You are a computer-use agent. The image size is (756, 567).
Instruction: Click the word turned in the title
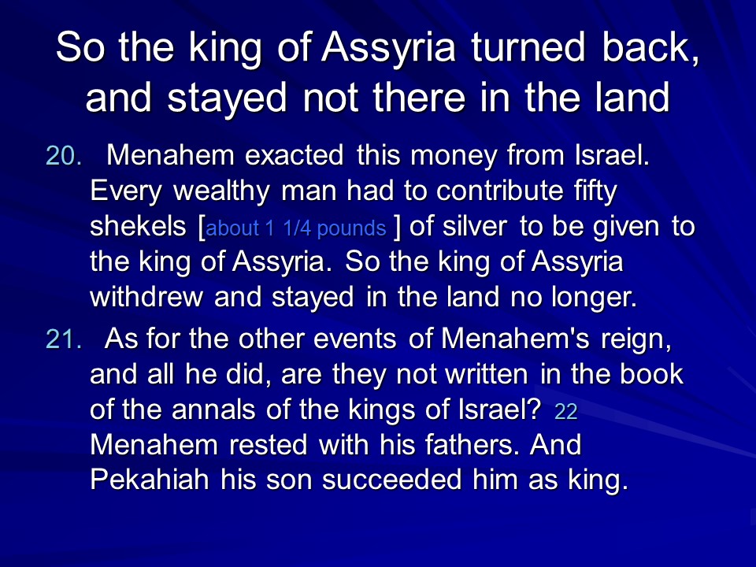(528, 46)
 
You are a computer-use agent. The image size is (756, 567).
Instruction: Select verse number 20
(64, 156)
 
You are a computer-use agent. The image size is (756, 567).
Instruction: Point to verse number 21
(64, 339)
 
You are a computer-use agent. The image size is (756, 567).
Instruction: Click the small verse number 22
(565, 411)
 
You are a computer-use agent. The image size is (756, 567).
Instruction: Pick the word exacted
(294, 155)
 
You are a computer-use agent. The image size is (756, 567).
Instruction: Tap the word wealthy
(221, 191)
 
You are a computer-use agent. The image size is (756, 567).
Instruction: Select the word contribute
(499, 191)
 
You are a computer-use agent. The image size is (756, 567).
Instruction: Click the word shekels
(138, 226)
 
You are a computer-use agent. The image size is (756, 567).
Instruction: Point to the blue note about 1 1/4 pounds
(296, 228)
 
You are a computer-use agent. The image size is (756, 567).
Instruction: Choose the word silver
(474, 226)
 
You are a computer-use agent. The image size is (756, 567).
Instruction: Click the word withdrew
(146, 296)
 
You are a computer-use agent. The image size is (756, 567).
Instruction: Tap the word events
(355, 339)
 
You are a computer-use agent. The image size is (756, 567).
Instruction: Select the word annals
(213, 409)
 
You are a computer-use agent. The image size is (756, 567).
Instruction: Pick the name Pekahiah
(150, 480)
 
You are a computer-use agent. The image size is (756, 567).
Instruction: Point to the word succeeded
(392, 480)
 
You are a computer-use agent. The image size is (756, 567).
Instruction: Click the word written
(487, 374)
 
